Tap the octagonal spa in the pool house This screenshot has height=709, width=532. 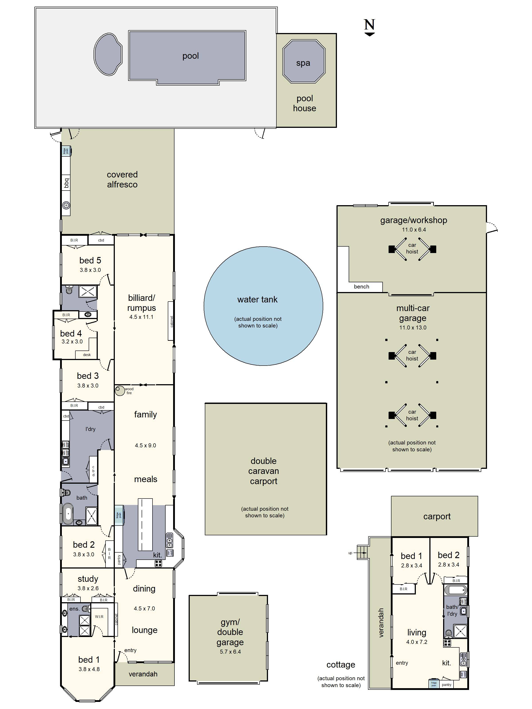point(303,62)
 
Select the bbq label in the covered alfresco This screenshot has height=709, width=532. point(66,183)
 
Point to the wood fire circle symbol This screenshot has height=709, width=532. point(119,390)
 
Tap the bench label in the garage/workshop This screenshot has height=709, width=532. point(361,286)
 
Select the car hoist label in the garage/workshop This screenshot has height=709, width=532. point(412,248)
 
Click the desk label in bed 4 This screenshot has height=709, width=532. point(87,355)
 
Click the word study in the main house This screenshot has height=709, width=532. point(88,579)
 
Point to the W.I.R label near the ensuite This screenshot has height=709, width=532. point(99,616)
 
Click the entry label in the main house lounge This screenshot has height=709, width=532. point(130,650)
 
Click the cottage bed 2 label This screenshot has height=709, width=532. point(448,555)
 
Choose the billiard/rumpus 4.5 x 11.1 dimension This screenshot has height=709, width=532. point(141,317)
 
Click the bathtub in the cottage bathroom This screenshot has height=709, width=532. point(455,590)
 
